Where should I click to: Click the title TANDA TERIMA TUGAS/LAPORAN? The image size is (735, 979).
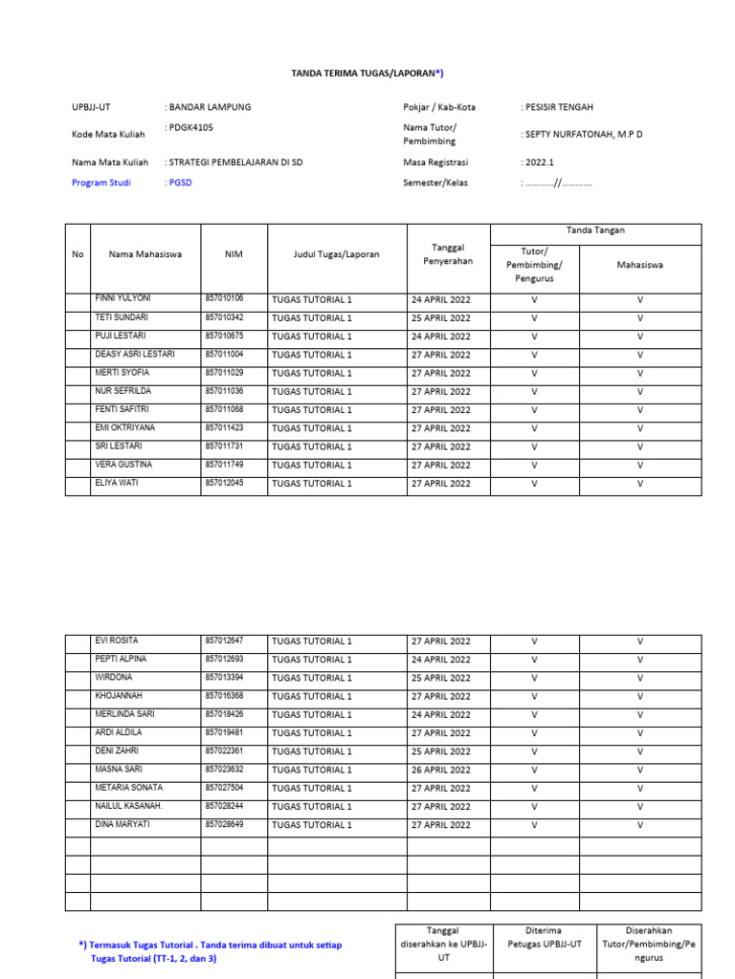click(x=367, y=73)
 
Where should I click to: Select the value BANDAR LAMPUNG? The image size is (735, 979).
click(x=210, y=107)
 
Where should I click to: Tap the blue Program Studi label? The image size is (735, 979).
click(x=100, y=183)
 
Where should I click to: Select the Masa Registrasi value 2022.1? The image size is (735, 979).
click(x=539, y=163)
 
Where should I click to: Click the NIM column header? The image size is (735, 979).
click(x=234, y=254)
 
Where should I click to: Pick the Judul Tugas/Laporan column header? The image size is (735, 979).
click(x=337, y=254)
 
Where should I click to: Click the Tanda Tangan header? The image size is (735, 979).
click(x=595, y=230)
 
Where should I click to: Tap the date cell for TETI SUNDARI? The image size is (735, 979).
click(x=440, y=317)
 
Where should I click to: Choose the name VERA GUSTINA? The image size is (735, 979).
click(x=123, y=465)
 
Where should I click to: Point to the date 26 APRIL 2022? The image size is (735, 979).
click(x=440, y=770)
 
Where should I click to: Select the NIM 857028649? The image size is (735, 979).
click(x=224, y=824)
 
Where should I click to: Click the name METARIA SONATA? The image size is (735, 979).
click(x=128, y=788)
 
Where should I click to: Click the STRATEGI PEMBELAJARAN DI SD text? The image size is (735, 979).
click(x=235, y=163)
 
